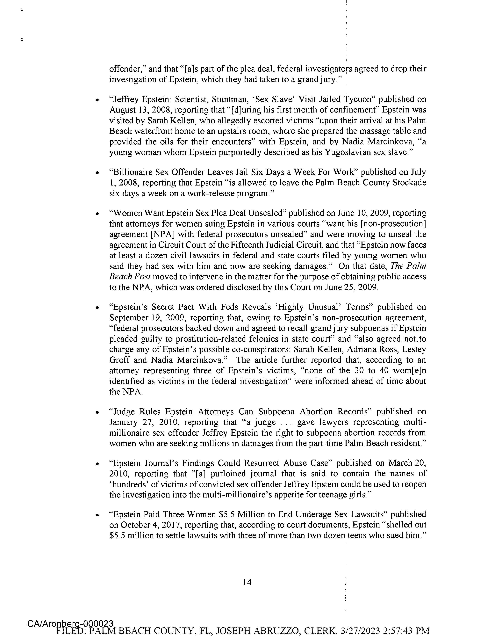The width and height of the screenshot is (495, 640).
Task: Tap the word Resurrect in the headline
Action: point(262,463)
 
